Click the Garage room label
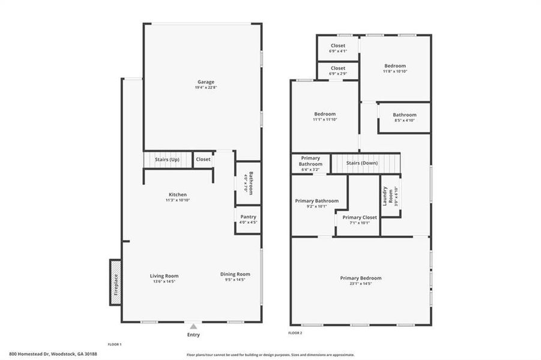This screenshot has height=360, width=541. [206, 82]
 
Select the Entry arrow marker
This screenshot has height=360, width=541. [193, 326]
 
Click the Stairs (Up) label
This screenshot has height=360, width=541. [167, 160]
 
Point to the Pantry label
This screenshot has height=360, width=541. [248, 217]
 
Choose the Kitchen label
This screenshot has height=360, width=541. [177, 194]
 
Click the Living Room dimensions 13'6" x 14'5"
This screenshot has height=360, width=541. [164, 281]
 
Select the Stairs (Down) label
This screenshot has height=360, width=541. [366, 163]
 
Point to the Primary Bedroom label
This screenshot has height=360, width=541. [360, 278]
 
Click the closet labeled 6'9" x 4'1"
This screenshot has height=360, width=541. [338, 48]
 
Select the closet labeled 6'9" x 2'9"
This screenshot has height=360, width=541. [338, 71]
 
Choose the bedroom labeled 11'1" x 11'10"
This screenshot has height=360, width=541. [325, 116]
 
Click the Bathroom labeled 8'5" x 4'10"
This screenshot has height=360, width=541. [404, 117]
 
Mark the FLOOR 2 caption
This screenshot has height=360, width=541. [295, 332]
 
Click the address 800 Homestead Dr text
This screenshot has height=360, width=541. [45, 354]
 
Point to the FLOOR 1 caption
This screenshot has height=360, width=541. [114, 344]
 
